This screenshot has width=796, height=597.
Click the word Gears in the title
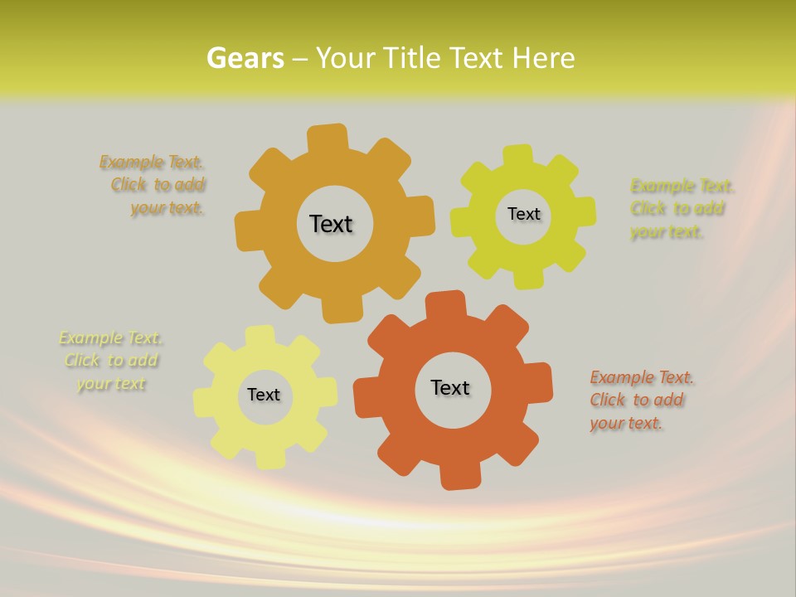coord(245,58)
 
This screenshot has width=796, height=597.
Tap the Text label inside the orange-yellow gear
coord(331,224)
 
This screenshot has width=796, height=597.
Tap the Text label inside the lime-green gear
coord(523,214)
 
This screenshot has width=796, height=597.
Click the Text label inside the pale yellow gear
coord(264,395)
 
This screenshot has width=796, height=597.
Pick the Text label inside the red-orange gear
coord(450,387)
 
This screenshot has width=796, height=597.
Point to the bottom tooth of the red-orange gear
coord(457,477)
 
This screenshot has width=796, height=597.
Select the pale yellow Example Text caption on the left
coord(111,361)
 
